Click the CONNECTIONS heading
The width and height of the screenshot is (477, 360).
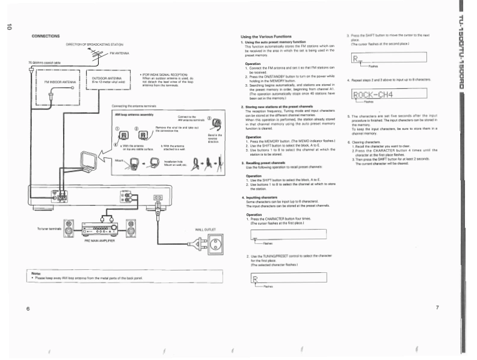[45, 36]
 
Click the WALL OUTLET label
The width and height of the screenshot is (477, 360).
[205, 230]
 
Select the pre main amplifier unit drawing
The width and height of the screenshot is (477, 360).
[100, 229]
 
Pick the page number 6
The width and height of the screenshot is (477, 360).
[28, 308]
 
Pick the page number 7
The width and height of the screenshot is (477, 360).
[437, 308]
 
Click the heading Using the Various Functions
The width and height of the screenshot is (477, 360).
[267, 37]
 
